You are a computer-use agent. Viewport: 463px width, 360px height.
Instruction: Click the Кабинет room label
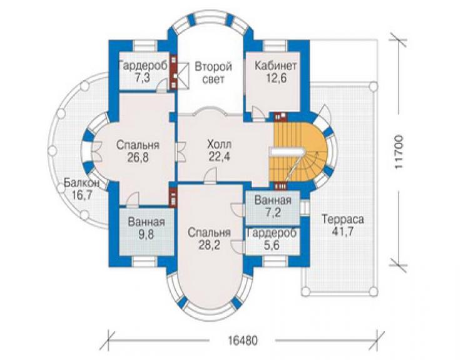click(275, 66)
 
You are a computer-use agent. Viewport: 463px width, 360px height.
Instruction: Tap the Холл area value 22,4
click(219, 157)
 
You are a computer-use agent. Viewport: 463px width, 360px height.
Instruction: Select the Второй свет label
click(213, 73)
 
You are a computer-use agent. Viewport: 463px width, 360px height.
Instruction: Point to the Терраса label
click(342, 220)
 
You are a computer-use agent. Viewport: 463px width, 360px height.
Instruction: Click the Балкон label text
click(81, 183)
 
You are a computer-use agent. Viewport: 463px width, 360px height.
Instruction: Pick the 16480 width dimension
click(243, 341)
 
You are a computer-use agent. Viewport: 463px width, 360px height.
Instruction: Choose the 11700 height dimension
click(399, 152)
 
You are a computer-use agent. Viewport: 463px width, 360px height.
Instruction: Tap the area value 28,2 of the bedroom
click(209, 245)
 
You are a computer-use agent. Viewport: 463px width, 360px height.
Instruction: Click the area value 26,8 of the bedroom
click(138, 158)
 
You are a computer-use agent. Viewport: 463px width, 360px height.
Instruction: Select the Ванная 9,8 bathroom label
click(146, 228)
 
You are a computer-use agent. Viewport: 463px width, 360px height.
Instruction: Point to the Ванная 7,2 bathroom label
click(273, 207)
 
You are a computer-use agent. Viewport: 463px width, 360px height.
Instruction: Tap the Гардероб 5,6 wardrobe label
click(272, 239)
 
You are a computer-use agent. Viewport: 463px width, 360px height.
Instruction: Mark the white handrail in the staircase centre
click(287, 152)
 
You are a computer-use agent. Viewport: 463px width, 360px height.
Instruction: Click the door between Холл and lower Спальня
click(211, 175)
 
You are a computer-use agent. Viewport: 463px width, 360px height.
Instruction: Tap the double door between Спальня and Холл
click(181, 152)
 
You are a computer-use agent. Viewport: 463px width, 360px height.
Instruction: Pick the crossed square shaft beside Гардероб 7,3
click(183, 75)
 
